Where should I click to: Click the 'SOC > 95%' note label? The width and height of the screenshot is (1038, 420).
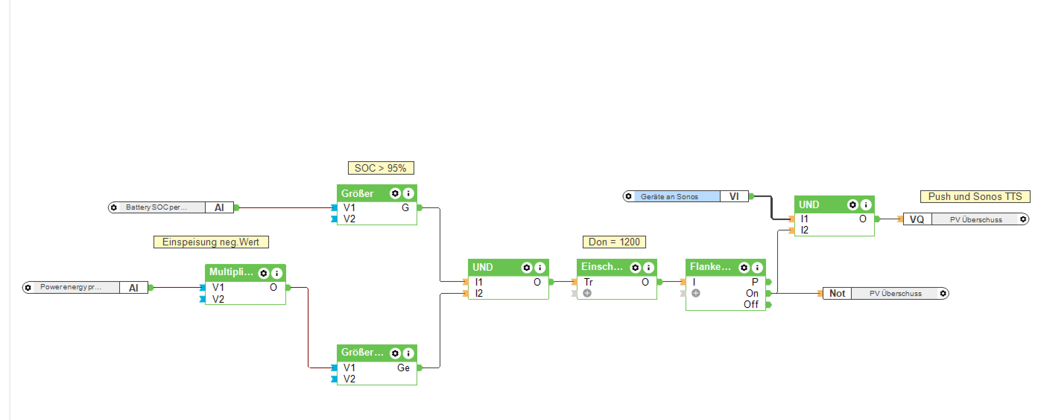pyautogui.click(x=380, y=168)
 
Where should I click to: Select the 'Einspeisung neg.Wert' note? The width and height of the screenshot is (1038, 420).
pyautogui.click(x=211, y=242)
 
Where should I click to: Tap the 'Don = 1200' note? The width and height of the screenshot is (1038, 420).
pyautogui.click(x=614, y=242)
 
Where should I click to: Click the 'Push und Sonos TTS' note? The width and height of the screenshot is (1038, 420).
pyautogui.click(x=975, y=197)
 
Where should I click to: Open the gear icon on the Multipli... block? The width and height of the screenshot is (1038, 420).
pyautogui.click(x=263, y=273)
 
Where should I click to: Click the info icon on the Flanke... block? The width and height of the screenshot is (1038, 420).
pyautogui.click(x=757, y=267)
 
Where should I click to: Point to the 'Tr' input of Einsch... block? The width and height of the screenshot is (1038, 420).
pyautogui.click(x=588, y=282)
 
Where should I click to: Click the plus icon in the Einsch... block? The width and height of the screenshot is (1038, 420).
pyautogui.click(x=587, y=293)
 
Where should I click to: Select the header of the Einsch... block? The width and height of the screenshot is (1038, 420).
pyautogui.click(x=602, y=267)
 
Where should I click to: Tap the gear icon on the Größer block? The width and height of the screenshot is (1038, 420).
pyautogui.click(x=395, y=194)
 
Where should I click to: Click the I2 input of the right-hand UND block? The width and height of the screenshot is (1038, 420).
pyautogui.click(x=804, y=230)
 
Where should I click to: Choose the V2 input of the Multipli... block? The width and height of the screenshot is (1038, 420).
pyautogui.click(x=218, y=299)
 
